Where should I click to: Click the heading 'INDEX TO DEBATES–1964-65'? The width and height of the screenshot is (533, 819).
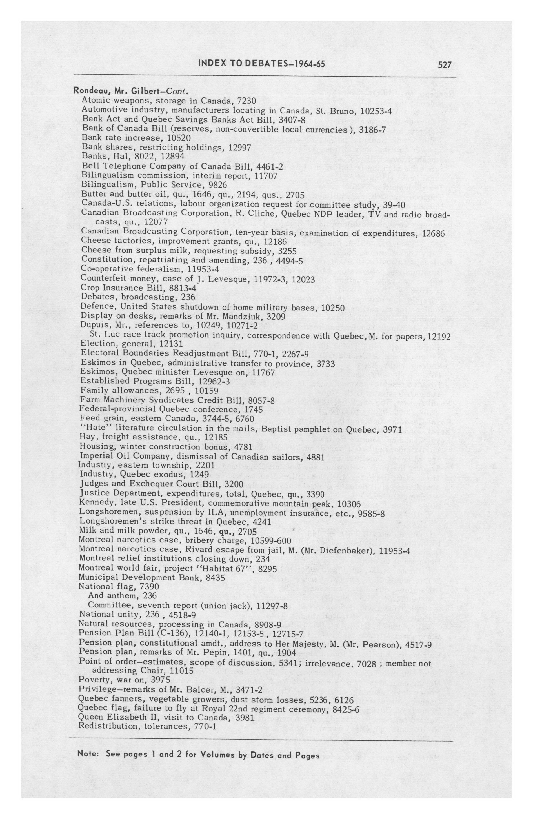click(262, 64)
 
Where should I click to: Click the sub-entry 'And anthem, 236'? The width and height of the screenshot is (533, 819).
click(122, 595)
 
